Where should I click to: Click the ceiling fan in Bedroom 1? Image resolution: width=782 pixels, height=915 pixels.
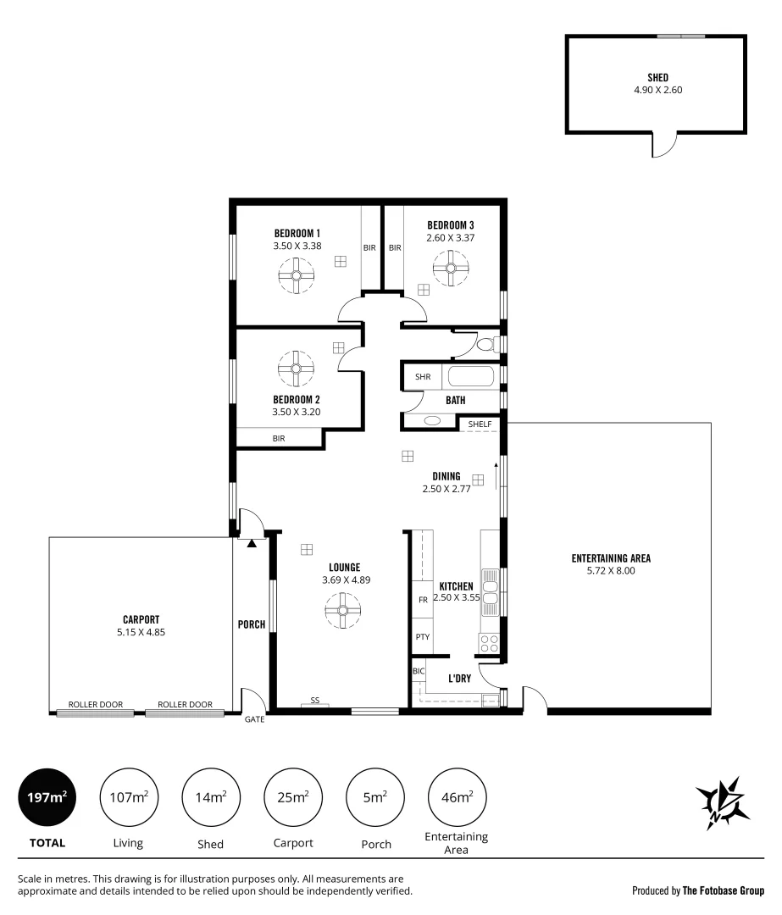pos(296,274)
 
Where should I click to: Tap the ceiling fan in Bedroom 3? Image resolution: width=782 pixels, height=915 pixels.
pos(450,269)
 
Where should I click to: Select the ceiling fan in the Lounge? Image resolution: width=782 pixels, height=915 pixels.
pos(343,609)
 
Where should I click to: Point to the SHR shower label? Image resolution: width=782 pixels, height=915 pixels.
pos(422,376)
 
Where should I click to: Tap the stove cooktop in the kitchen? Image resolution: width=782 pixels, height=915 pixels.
pos(489,643)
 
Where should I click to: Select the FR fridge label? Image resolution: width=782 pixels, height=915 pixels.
pos(422,599)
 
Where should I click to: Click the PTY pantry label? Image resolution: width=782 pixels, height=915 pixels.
pos(422,637)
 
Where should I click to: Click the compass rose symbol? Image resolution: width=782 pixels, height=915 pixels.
pos(723,801)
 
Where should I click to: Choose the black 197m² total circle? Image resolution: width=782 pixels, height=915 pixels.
pos(47,796)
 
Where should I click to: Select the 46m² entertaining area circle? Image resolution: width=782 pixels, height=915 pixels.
pos(457,796)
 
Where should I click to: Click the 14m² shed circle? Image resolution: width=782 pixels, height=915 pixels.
pos(211,796)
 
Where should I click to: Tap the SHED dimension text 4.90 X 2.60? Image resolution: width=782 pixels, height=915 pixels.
pos(657,89)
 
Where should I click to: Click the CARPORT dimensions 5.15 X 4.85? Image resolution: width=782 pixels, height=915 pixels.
pos(141,632)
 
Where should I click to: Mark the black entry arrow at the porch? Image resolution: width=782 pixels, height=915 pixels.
pos(252,542)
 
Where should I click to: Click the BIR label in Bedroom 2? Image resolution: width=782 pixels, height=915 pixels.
pos(278,438)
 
